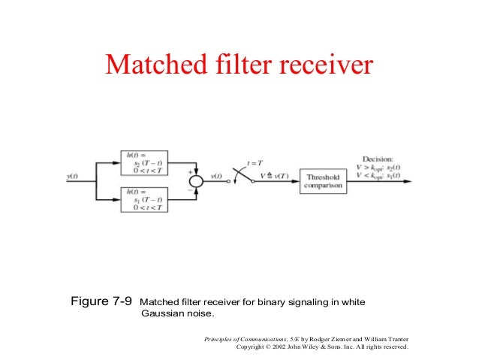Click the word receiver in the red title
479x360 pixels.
coord(327,65)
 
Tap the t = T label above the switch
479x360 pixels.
coord(257,163)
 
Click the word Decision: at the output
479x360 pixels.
coord(381,159)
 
